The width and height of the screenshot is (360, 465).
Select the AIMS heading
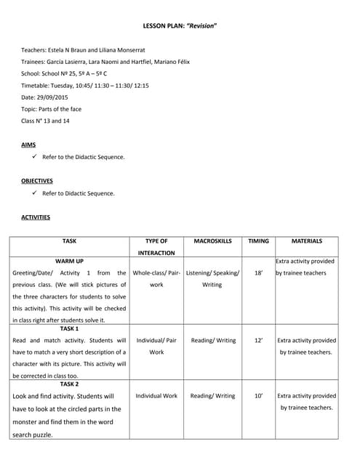coord(28,145)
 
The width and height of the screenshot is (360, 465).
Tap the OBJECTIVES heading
coord(37,181)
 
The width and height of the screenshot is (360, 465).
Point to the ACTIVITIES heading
coord(36,217)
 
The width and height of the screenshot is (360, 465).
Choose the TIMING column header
coord(258,241)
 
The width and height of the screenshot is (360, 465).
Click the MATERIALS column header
coord(306,241)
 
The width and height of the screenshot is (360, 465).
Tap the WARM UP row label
coord(69,260)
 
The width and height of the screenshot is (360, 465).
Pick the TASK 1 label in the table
coord(69,328)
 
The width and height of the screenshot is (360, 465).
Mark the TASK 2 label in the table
coord(69,384)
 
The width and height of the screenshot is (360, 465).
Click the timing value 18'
coord(258,273)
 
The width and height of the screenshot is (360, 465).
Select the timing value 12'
coord(258,340)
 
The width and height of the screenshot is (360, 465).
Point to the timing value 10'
coord(258,396)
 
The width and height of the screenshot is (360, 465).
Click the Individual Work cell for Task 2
coord(156,396)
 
